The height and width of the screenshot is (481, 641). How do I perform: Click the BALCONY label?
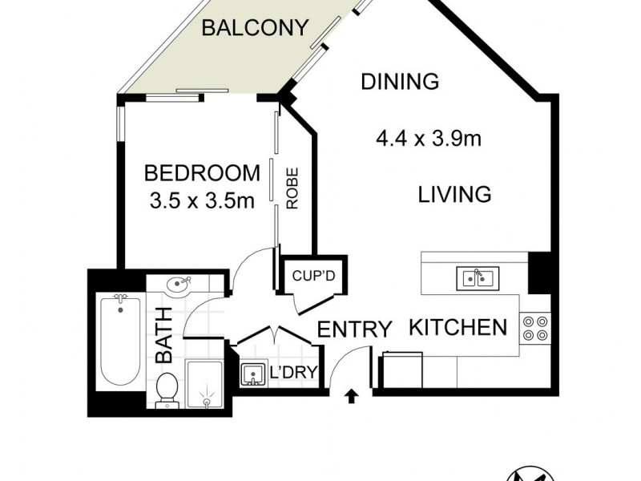coord(254,28)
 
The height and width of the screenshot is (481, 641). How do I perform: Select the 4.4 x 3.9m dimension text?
coord(428,139)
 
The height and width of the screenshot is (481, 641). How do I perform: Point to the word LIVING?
coord(454,194)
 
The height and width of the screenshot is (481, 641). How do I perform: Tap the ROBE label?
coord(292,188)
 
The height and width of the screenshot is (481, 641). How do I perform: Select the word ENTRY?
coord(354,329)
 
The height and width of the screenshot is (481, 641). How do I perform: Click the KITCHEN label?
coord(458,327)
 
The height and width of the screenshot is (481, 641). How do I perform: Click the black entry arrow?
coord(351,394)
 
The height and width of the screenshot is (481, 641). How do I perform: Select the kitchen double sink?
coord(477,278)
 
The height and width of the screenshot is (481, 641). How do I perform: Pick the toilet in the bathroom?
coord(165,391)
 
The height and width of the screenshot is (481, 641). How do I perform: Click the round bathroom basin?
coord(179,284)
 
